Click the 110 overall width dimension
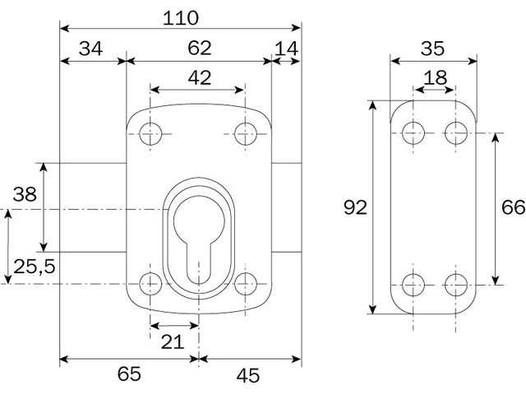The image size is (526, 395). pyautogui.click(x=181, y=18)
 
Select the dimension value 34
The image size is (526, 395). pyautogui.click(x=90, y=49)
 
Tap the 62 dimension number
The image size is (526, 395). pyautogui.click(x=199, y=48)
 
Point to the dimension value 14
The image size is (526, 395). pyautogui.click(x=287, y=49)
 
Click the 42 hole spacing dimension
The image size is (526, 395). pyautogui.click(x=200, y=77)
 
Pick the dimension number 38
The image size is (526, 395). pyautogui.click(x=25, y=194)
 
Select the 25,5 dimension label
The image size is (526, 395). pyautogui.click(x=35, y=267)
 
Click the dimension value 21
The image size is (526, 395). pyautogui.click(x=173, y=342)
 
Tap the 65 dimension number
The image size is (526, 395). pyautogui.click(x=129, y=374)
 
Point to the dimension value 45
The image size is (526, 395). pyautogui.click(x=248, y=375)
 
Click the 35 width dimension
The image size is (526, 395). pyautogui.click(x=432, y=49)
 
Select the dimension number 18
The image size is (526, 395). pyautogui.click(x=435, y=77)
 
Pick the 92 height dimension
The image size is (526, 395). pyautogui.click(x=355, y=207)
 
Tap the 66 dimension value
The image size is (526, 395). pyautogui.click(x=513, y=207)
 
